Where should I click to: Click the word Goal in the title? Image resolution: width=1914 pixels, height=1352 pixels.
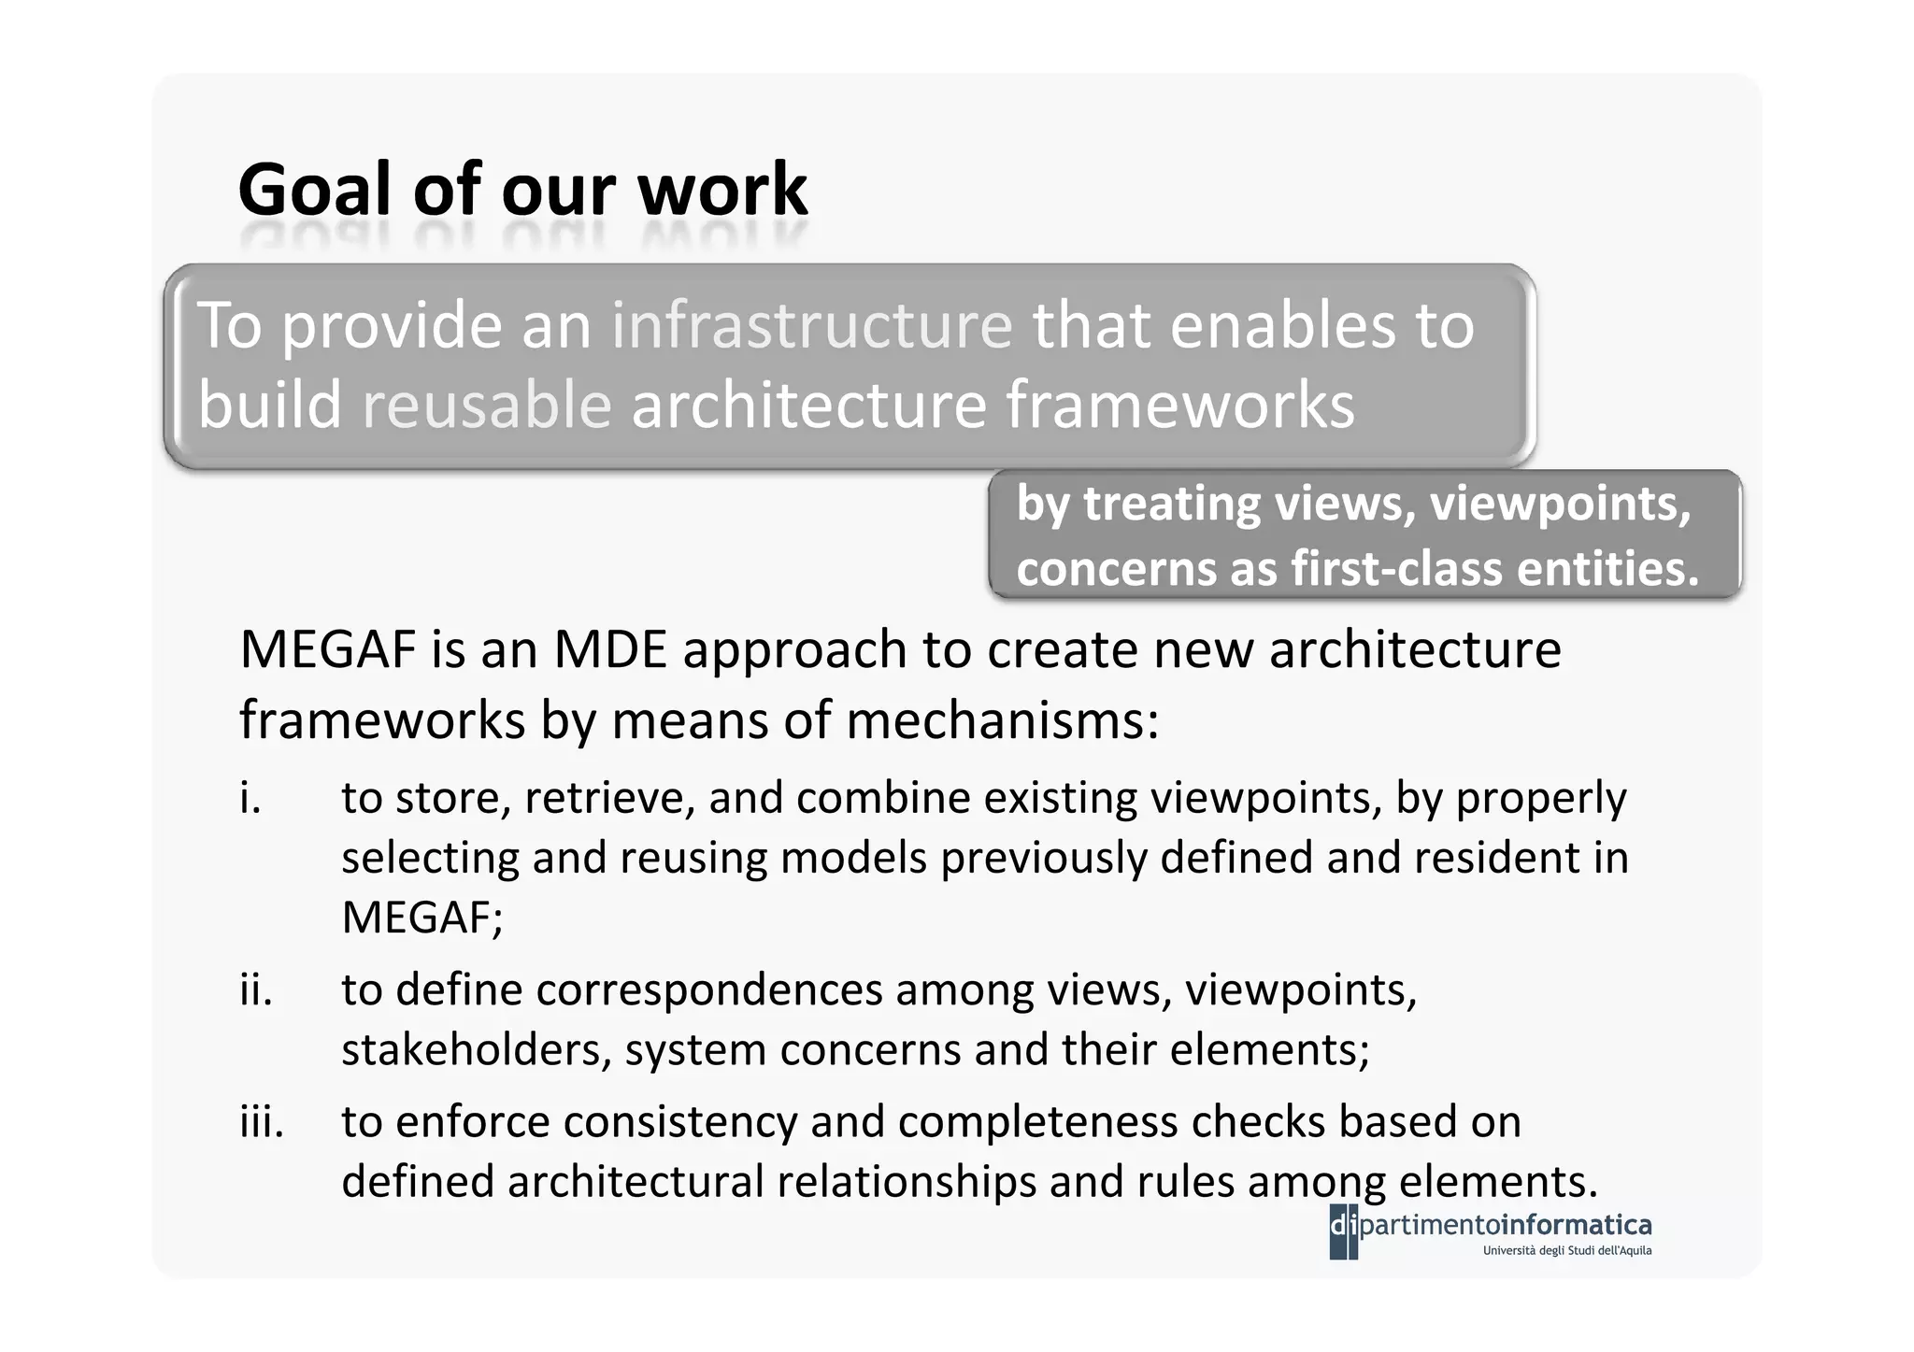313,190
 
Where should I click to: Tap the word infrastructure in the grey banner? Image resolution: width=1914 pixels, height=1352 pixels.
811,325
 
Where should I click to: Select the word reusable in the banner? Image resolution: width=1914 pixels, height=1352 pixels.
486,406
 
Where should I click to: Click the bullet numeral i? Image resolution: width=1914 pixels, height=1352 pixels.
250,798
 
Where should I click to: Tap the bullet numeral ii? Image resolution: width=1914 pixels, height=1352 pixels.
255,989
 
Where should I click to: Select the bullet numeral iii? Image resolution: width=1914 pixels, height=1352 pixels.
261,1121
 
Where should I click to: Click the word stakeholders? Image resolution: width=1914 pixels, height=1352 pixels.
477,1049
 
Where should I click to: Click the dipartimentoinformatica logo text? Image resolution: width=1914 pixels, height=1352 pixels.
1505,1224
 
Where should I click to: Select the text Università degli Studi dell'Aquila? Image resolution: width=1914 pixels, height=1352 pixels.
1567,1250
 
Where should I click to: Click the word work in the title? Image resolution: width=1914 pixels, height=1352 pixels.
721,190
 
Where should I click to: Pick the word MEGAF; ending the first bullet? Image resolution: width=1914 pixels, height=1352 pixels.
421,918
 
